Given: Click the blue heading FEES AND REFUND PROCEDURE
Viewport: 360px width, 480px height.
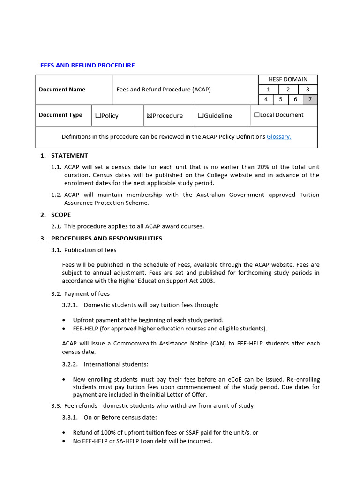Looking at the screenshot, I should point(87,65).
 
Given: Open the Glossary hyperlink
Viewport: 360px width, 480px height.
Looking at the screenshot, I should point(279,137).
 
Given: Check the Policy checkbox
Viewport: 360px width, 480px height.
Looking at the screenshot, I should point(98,115).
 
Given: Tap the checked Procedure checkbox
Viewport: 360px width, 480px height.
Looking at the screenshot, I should point(150,115).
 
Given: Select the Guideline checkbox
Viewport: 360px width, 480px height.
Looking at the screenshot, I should point(201,115).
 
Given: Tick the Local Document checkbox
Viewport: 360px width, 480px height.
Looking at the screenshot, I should point(256,115).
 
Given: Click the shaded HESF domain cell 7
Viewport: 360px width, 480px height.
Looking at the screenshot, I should point(310,99).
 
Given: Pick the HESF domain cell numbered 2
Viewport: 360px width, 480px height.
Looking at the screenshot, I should point(288,90).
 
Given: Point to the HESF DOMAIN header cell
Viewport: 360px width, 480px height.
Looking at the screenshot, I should point(288,79).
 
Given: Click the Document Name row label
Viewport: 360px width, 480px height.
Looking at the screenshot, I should point(62,90).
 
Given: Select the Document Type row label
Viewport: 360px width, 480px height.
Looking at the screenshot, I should point(60,115).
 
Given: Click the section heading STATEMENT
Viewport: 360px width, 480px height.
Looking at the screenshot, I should point(69,156).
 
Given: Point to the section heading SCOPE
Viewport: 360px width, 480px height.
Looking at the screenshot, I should point(61,215).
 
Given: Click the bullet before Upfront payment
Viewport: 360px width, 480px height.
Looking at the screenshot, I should point(64,320).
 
